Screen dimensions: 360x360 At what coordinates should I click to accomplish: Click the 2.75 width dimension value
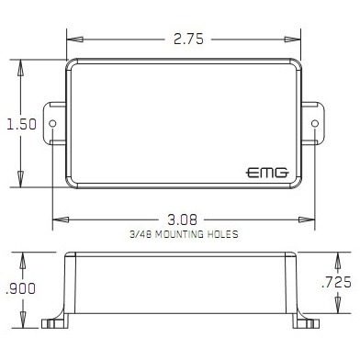coord(188,39)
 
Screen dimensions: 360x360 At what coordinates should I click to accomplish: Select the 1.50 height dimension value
coord(21,124)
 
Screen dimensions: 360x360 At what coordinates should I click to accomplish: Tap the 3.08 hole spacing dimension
coord(182,219)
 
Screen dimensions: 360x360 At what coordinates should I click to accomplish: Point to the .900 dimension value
coord(20,288)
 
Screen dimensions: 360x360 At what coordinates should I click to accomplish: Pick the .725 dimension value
coord(336,282)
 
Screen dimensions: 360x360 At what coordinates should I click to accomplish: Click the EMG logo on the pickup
coord(267,173)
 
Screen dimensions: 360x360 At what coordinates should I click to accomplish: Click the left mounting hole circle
coord(52,123)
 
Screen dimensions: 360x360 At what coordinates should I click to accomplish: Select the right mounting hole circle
coord(315,123)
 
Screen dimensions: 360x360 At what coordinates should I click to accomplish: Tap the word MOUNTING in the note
coord(179,234)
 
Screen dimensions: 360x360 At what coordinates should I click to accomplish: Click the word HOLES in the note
coord(223,234)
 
